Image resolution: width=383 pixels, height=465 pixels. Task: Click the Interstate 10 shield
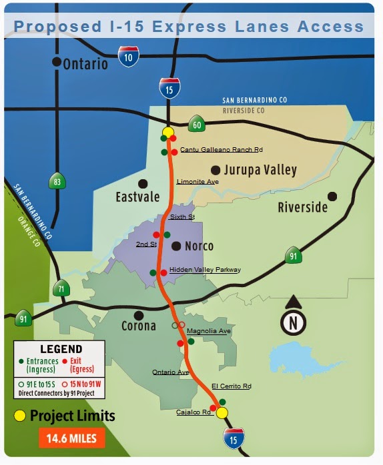[129, 57]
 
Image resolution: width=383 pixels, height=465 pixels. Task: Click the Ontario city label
[84, 64]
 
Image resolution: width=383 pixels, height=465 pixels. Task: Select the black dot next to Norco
[177, 246]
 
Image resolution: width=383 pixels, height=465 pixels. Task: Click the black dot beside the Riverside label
[332, 196]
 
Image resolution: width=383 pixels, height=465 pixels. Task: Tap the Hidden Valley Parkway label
[205, 270]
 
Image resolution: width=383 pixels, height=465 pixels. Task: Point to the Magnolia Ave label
[209, 330]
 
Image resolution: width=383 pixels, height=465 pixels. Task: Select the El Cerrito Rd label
[231, 386]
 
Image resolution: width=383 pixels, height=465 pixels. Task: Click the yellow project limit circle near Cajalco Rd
[222, 412]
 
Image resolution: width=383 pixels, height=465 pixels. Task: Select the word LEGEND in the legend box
[61, 349]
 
